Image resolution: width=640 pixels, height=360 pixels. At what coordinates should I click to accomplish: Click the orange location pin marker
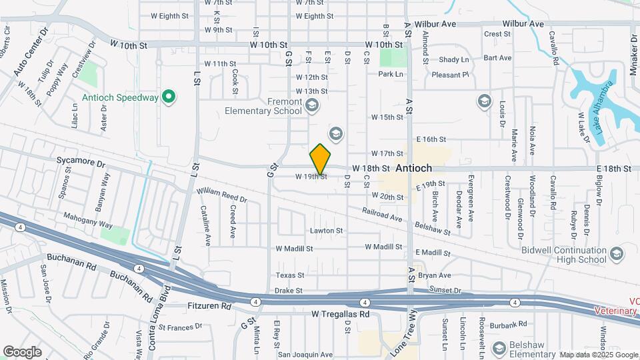[321, 159]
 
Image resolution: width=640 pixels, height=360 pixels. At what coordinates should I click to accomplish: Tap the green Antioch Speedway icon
[169, 97]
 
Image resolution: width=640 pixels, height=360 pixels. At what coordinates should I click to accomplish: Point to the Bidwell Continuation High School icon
[617, 253]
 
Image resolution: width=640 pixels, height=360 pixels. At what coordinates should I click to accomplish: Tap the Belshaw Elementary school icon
[499, 348]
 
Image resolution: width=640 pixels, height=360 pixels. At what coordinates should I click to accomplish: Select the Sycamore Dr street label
[81, 163]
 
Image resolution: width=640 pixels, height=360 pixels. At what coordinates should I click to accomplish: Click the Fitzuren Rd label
[209, 307]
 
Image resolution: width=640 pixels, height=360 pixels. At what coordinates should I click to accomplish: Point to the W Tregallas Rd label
[340, 313]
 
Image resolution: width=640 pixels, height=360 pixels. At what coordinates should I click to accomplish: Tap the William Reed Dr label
[221, 195]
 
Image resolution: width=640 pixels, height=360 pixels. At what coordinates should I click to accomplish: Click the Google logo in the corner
[22, 351]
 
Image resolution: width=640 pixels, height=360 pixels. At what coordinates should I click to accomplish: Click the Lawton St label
[326, 231]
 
